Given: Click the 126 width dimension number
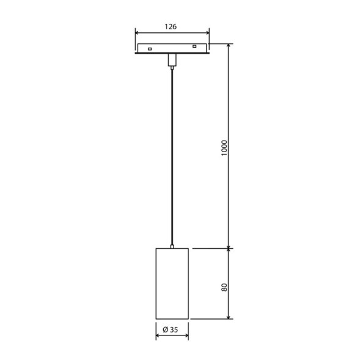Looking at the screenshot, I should coord(172,26).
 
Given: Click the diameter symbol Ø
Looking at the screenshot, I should coord(165,330).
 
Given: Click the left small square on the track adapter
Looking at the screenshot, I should coord(150,48).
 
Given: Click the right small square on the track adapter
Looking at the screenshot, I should coord(194,46).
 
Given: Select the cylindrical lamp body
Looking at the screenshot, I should coord(172,284).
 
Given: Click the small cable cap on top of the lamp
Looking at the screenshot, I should coord(172,247).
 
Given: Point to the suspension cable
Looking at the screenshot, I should coord(172,153).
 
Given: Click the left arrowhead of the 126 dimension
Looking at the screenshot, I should coord(138,34).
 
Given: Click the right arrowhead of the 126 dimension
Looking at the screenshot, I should coord(207,34).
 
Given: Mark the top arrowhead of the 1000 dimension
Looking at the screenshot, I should coord(229,46).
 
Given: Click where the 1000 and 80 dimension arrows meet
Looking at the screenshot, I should coord(229,249).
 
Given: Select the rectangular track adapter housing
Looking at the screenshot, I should coord(172,48).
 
